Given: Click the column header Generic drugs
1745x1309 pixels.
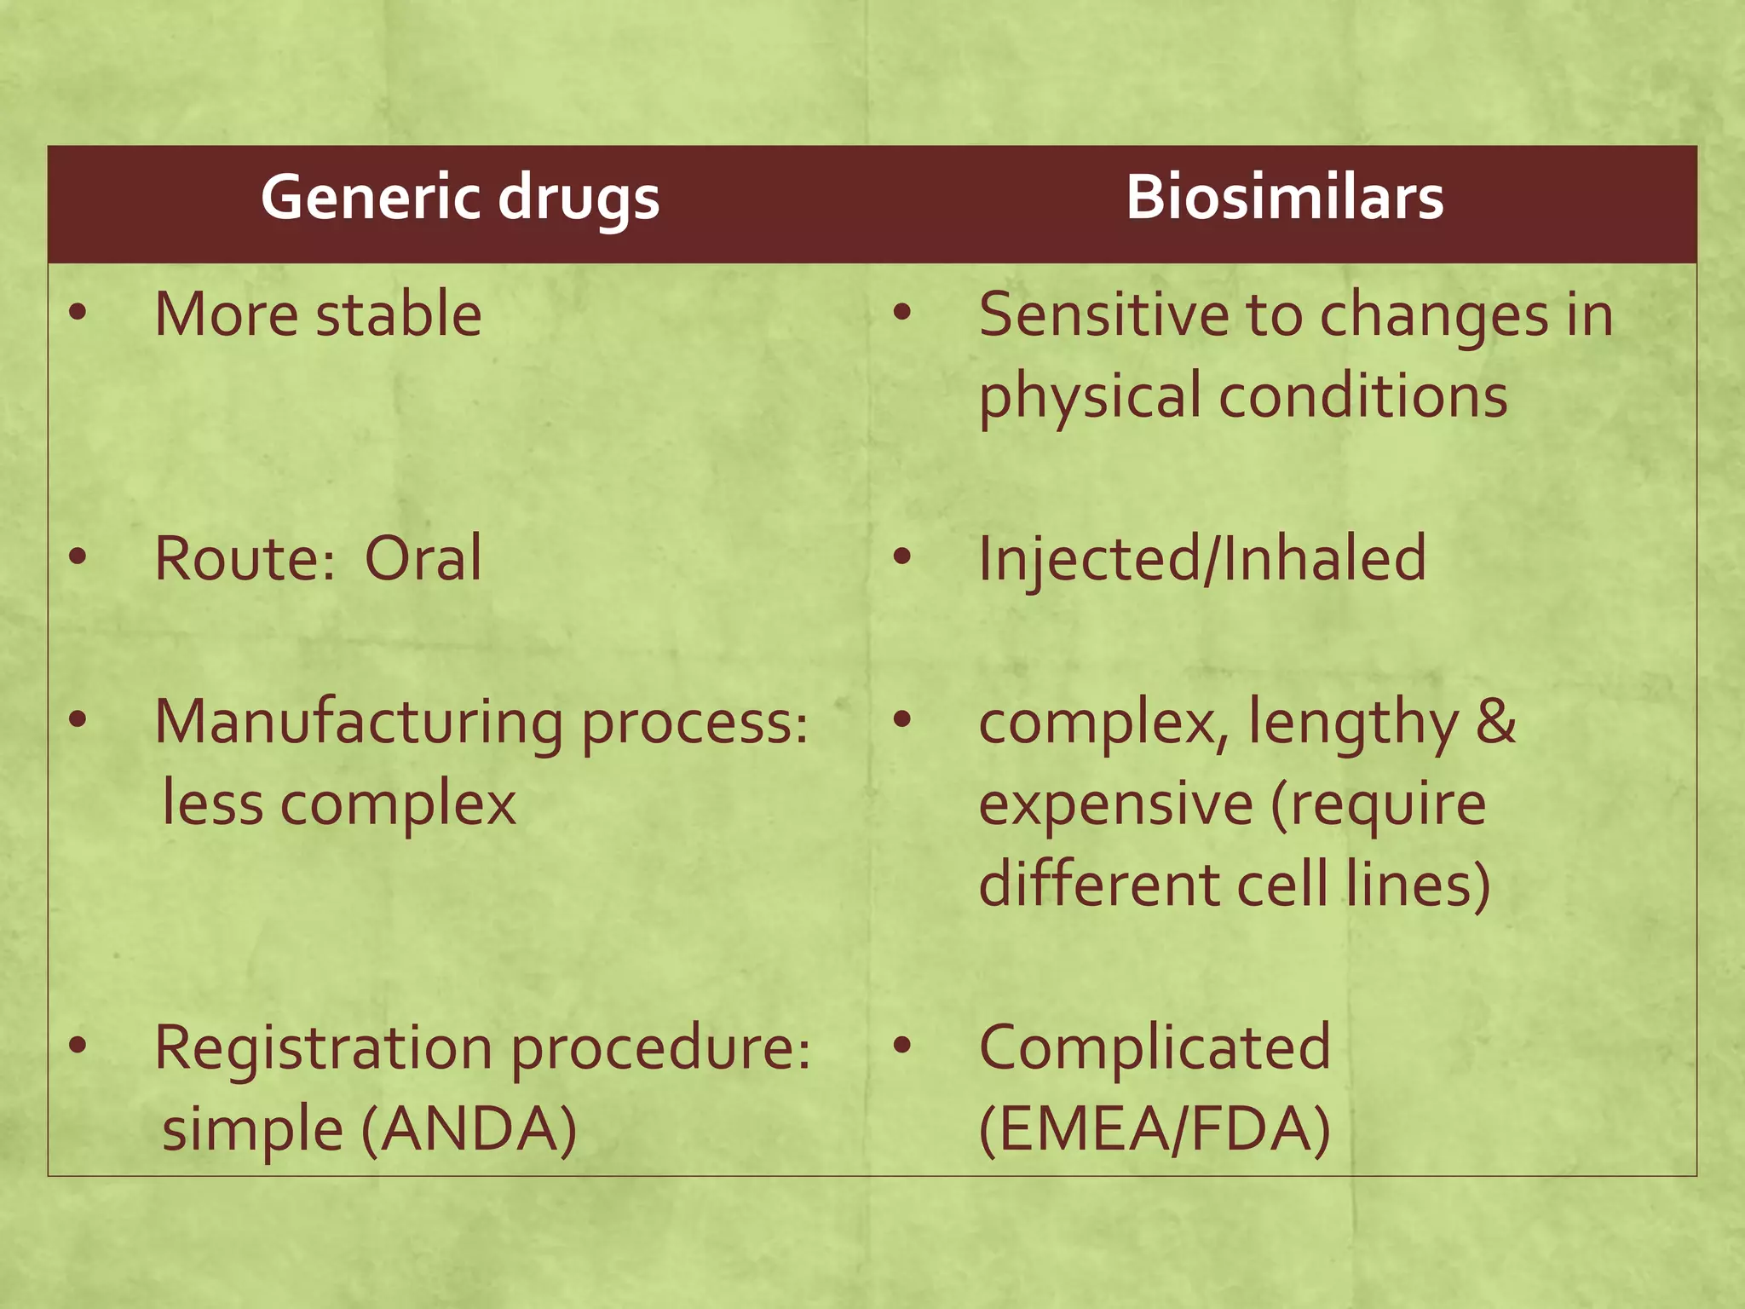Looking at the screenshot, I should click(460, 199).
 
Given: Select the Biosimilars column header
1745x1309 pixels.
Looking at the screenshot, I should click(1284, 199).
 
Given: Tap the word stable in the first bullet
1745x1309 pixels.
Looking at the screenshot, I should click(399, 314).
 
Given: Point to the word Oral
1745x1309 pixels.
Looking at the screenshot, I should click(423, 559).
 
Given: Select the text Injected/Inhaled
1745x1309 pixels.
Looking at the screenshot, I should click(1202, 559).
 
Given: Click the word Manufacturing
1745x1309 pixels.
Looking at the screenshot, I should click(358, 723).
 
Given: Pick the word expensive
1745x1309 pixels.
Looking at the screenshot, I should click(1115, 804).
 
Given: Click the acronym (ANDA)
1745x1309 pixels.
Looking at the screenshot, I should click(469, 1129).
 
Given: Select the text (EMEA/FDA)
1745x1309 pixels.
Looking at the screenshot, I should click(1155, 1129).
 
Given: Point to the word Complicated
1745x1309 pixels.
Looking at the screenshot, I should click(1155, 1047).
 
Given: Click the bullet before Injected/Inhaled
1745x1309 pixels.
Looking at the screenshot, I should click(901, 558).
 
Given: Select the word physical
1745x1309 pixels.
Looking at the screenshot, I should click(1090, 397).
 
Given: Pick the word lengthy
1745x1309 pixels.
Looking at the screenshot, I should click(1353, 723).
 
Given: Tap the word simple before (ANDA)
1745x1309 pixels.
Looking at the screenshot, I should click(252, 1129).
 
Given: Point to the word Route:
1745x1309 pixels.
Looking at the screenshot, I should click(245, 559).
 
